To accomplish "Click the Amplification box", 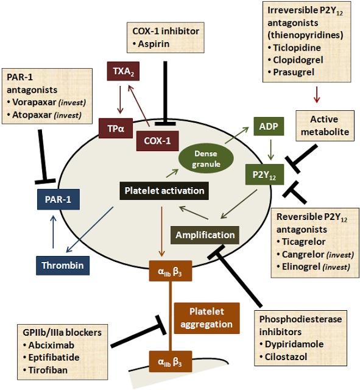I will pos(205,235).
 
